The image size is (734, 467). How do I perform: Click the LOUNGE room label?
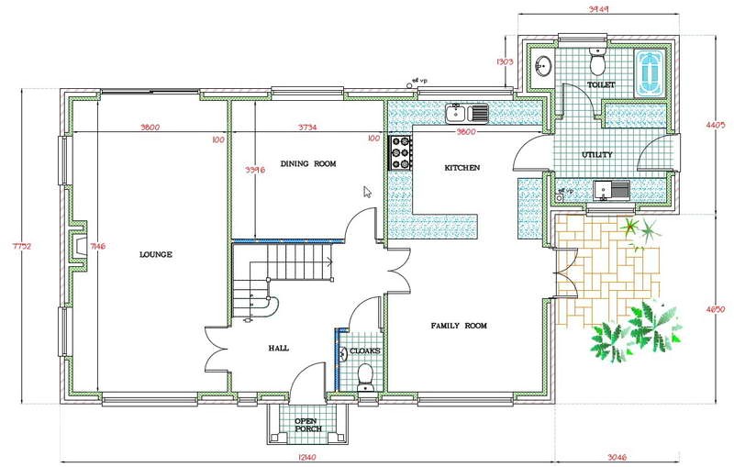tap(156, 254)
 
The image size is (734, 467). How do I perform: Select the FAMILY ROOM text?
tap(459, 326)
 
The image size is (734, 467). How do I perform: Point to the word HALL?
tap(279, 348)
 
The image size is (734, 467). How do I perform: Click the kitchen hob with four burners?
tap(400, 152)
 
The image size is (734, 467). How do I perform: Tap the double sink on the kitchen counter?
tap(467, 113)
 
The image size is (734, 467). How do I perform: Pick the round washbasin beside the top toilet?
tap(543, 66)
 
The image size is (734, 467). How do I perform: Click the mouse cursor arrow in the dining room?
tap(367, 192)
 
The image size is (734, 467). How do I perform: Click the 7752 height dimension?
tap(11, 245)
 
